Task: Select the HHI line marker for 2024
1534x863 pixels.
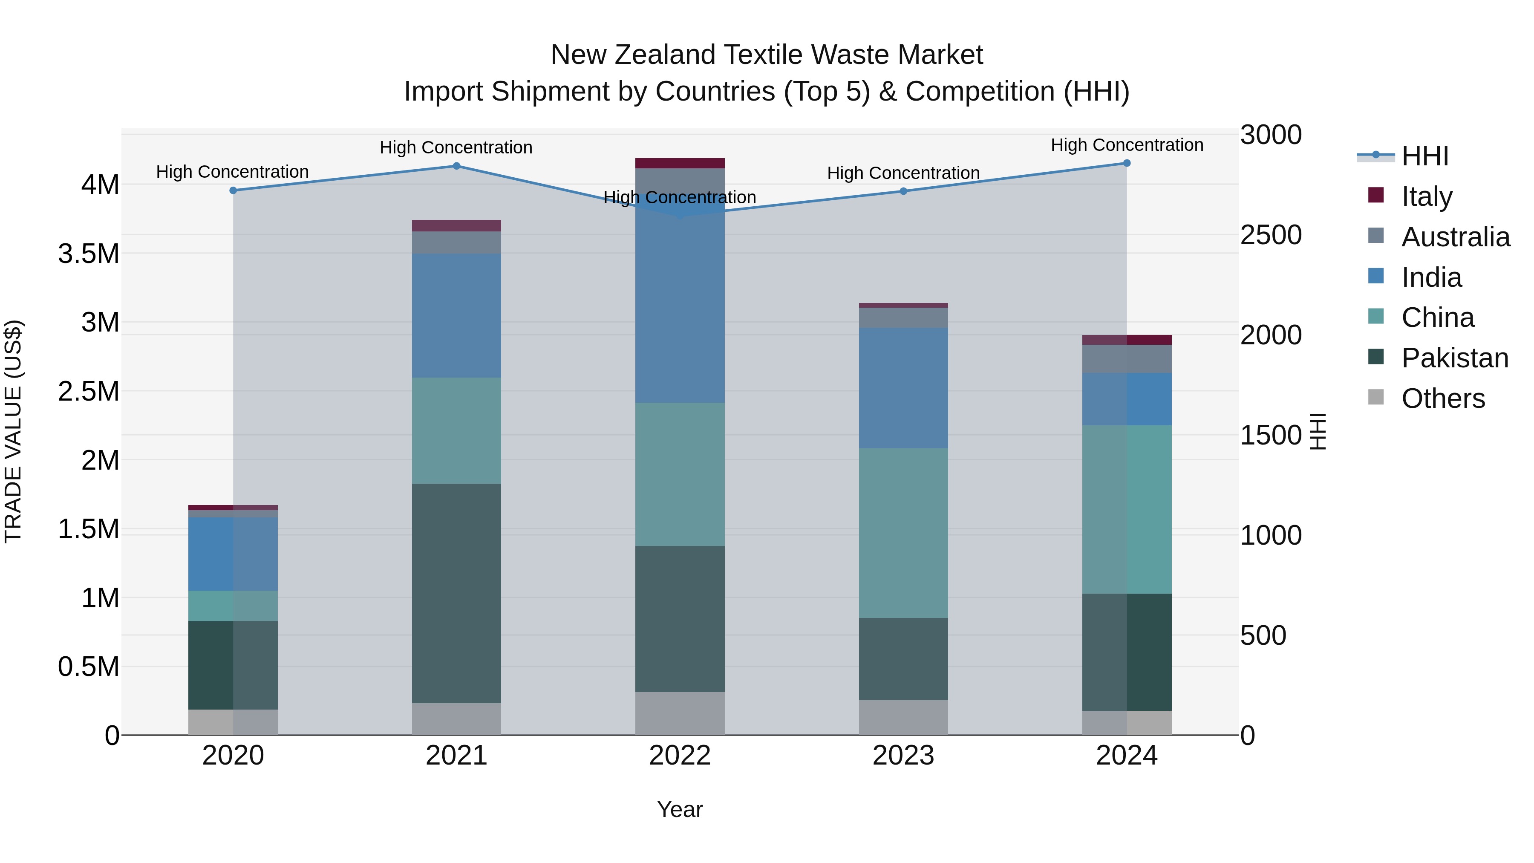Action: (1126, 163)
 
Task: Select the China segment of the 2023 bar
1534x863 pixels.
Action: (903, 533)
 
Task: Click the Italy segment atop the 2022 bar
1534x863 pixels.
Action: (680, 163)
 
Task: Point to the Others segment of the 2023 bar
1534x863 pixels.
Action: (903, 717)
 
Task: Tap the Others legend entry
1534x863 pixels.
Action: (1442, 398)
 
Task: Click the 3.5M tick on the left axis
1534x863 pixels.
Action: (89, 254)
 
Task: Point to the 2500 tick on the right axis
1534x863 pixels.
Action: (1270, 235)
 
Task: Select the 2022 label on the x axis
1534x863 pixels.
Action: (680, 755)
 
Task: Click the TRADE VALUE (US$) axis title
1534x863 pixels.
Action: (13, 431)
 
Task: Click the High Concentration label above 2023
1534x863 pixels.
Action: (903, 173)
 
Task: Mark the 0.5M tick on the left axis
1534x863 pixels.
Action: (89, 667)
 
